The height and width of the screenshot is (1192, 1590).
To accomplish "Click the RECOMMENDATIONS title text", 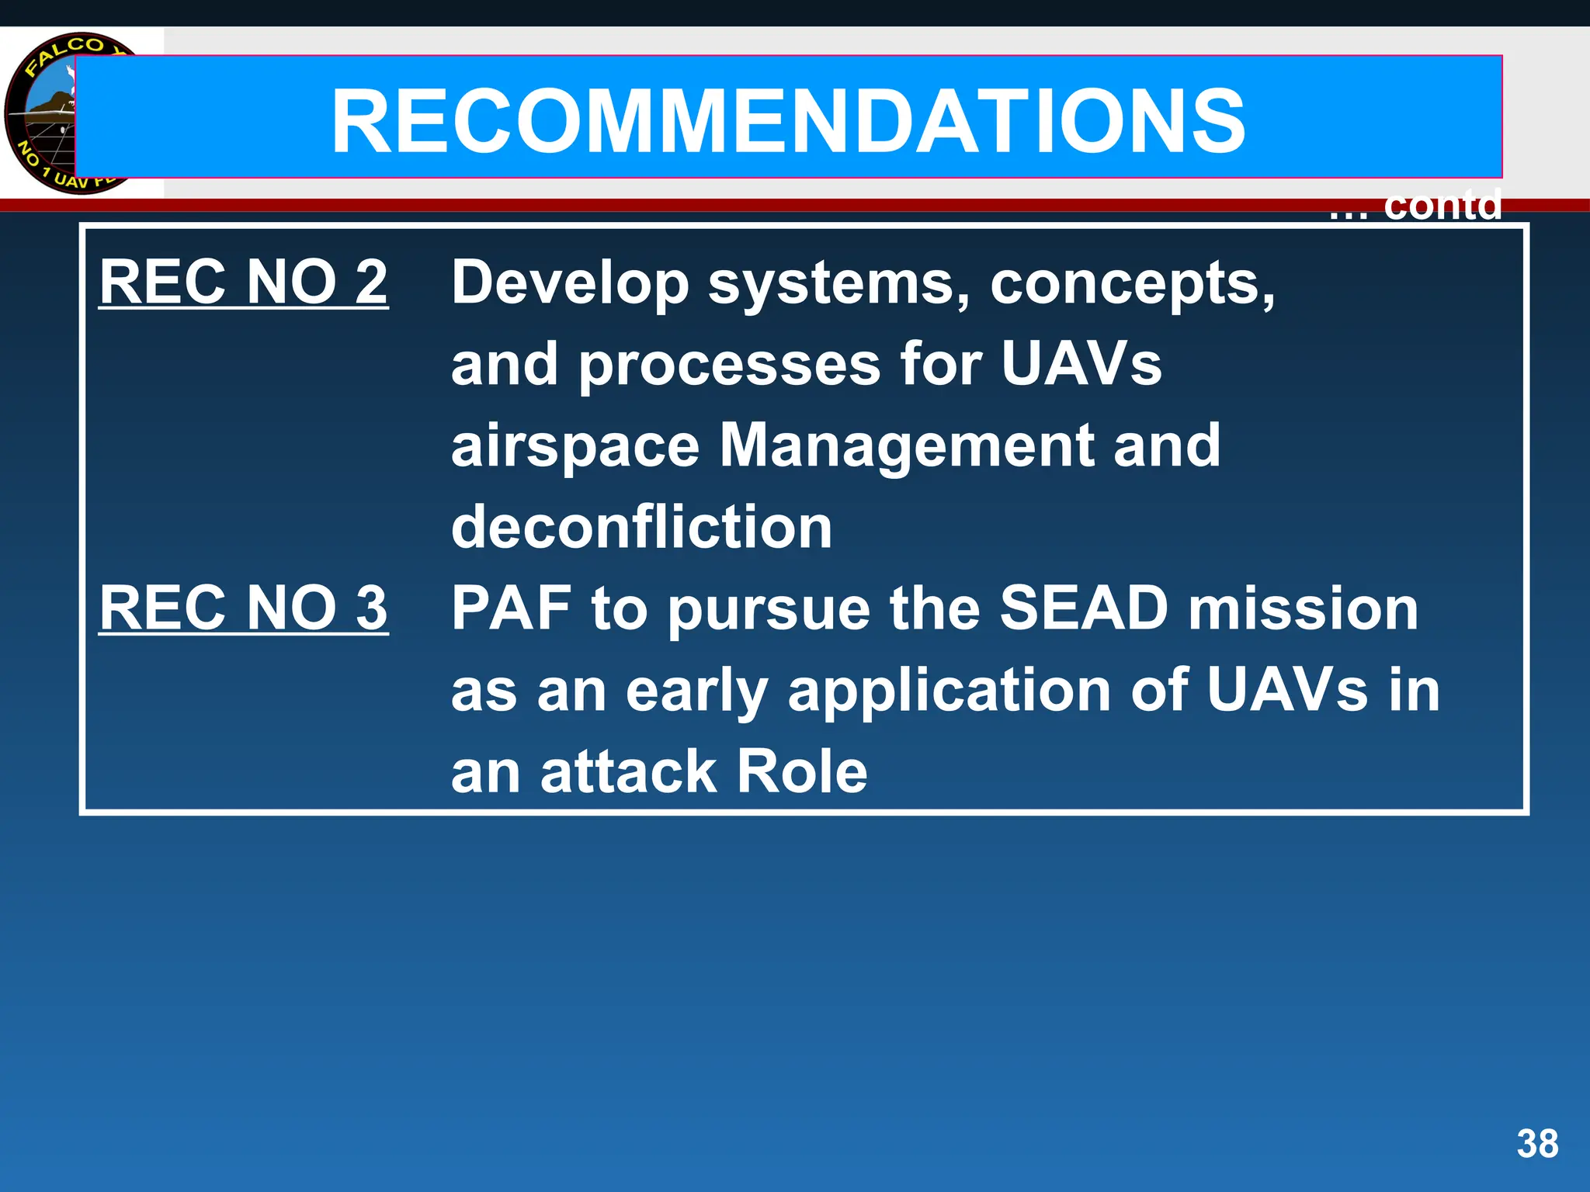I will pos(787,122).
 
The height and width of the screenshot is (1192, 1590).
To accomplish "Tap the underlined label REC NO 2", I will pos(243,282).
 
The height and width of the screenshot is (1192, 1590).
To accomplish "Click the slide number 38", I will pos(1537,1144).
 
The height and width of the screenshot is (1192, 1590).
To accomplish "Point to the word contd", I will pos(1442,206).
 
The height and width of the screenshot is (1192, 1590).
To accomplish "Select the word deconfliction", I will pos(641,527).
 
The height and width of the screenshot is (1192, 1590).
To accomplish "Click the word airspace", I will pos(575,447).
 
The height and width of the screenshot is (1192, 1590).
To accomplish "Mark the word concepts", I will pos(1132,284).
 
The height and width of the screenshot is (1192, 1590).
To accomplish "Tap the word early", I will pos(696,691).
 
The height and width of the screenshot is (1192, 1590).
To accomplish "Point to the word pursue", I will pos(769,610).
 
